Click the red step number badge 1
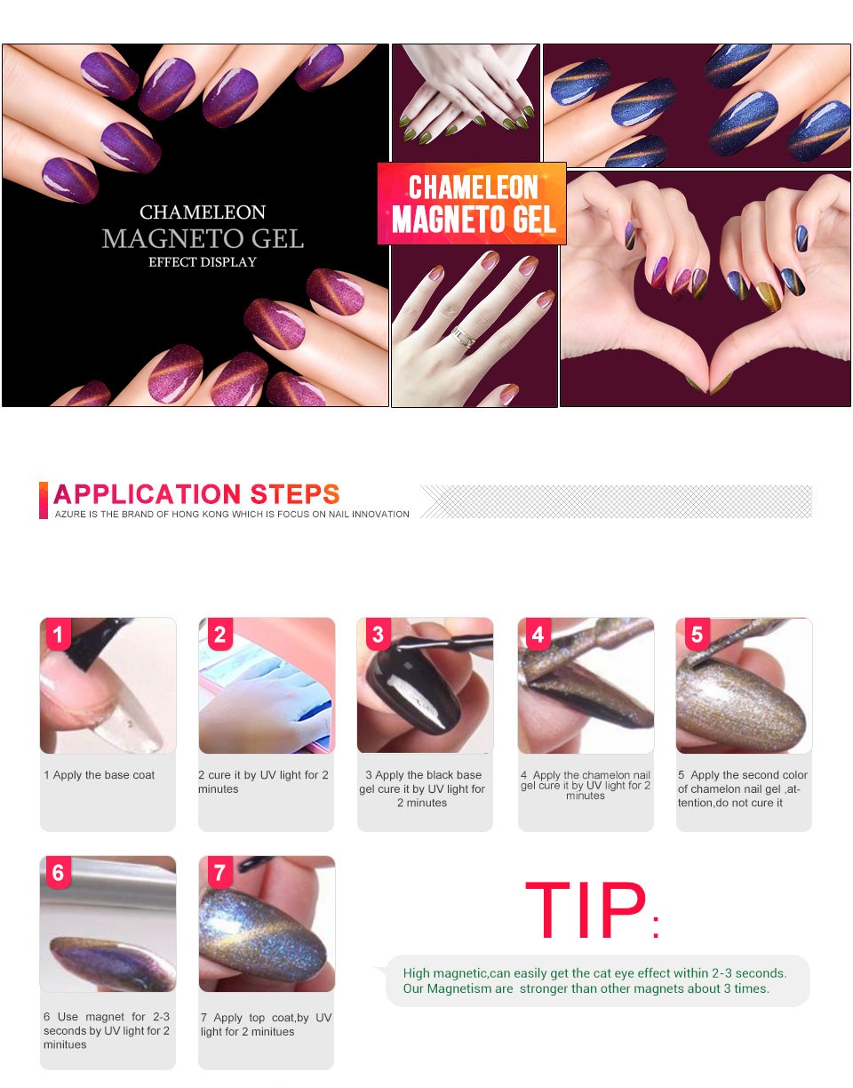point(58,634)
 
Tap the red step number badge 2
point(220,634)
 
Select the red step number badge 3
point(379,634)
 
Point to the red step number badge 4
point(538,634)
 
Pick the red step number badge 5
point(697,634)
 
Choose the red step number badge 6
point(58,872)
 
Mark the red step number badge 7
point(220,872)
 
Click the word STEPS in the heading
point(295,494)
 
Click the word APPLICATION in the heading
point(147,494)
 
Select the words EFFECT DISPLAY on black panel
point(202,262)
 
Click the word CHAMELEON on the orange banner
point(474,188)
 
